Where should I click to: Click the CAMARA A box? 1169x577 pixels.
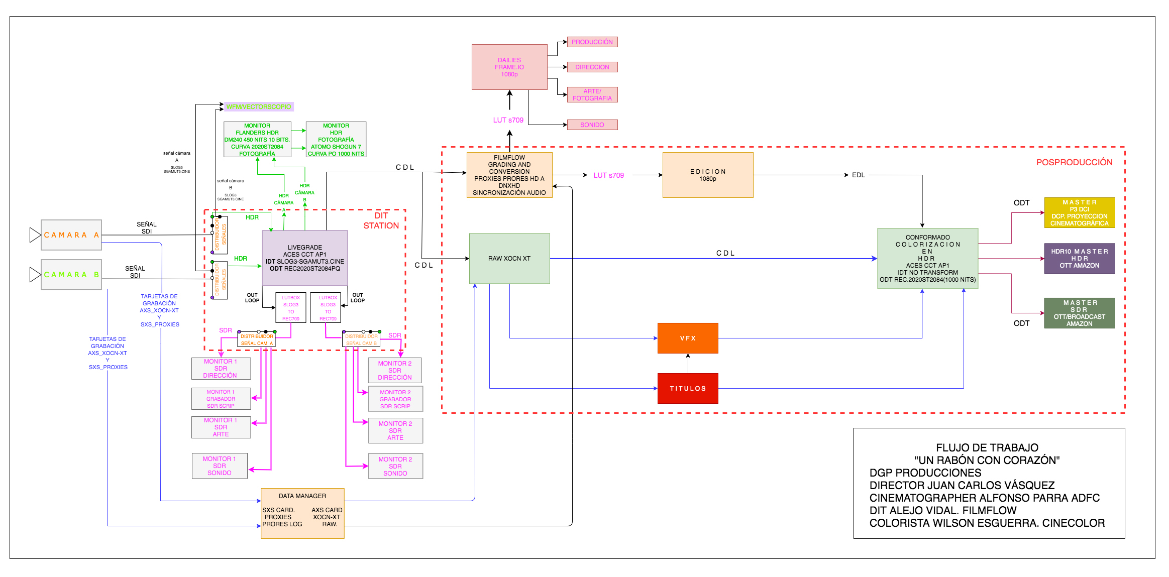pyautogui.click(x=71, y=235)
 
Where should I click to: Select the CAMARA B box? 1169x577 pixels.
pyautogui.click(x=71, y=275)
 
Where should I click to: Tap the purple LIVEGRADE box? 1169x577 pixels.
pyautogui.click(x=304, y=258)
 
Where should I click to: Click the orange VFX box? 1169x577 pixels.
pyautogui.click(x=687, y=338)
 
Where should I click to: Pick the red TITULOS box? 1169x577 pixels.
pyautogui.click(x=687, y=388)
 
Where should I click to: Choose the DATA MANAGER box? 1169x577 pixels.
pyautogui.click(x=302, y=513)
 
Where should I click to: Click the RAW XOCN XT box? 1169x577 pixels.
pyautogui.click(x=509, y=259)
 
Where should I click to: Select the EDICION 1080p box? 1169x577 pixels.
pyautogui.click(x=707, y=175)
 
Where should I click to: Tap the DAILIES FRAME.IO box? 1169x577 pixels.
pyautogui.click(x=509, y=67)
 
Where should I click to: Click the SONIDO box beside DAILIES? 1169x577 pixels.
pyautogui.click(x=592, y=125)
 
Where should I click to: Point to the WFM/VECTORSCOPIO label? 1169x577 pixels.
pyautogui.click(x=258, y=106)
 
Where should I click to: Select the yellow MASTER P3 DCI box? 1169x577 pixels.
pyautogui.click(x=1079, y=212)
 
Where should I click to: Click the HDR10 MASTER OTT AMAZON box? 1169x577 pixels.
pyautogui.click(x=1079, y=259)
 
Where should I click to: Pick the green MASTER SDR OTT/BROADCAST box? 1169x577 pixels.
pyautogui.click(x=1079, y=313)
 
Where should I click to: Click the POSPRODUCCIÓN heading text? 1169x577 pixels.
pyautogui.click(x=1074, y=162)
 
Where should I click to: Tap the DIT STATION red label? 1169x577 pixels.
pyautogui.click(x=381, y=220)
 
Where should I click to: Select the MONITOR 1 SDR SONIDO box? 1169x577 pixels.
pyautogui.click(x=220, y=466)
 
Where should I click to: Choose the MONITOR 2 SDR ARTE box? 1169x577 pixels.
pyautogui.click(x=395, y=430)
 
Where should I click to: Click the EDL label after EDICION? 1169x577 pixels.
pyautogui.click(x=858, y=175)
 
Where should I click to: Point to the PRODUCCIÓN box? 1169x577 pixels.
pyautogui.click(x=592, y=42)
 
